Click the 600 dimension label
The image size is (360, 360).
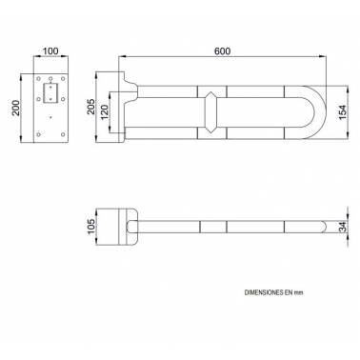pos(222,51)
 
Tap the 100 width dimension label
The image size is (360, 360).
pos(50,50)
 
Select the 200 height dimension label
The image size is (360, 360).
pos(16,108)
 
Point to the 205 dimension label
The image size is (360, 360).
pos(91,107)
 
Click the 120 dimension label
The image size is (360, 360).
pos(105,112)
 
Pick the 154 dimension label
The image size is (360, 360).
pos(343,112)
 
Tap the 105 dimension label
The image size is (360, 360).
pos(91,227)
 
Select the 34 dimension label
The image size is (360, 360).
pos(343,227)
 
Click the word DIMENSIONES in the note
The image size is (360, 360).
pos(265,292)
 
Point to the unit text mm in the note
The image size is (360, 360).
pos(298,292)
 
